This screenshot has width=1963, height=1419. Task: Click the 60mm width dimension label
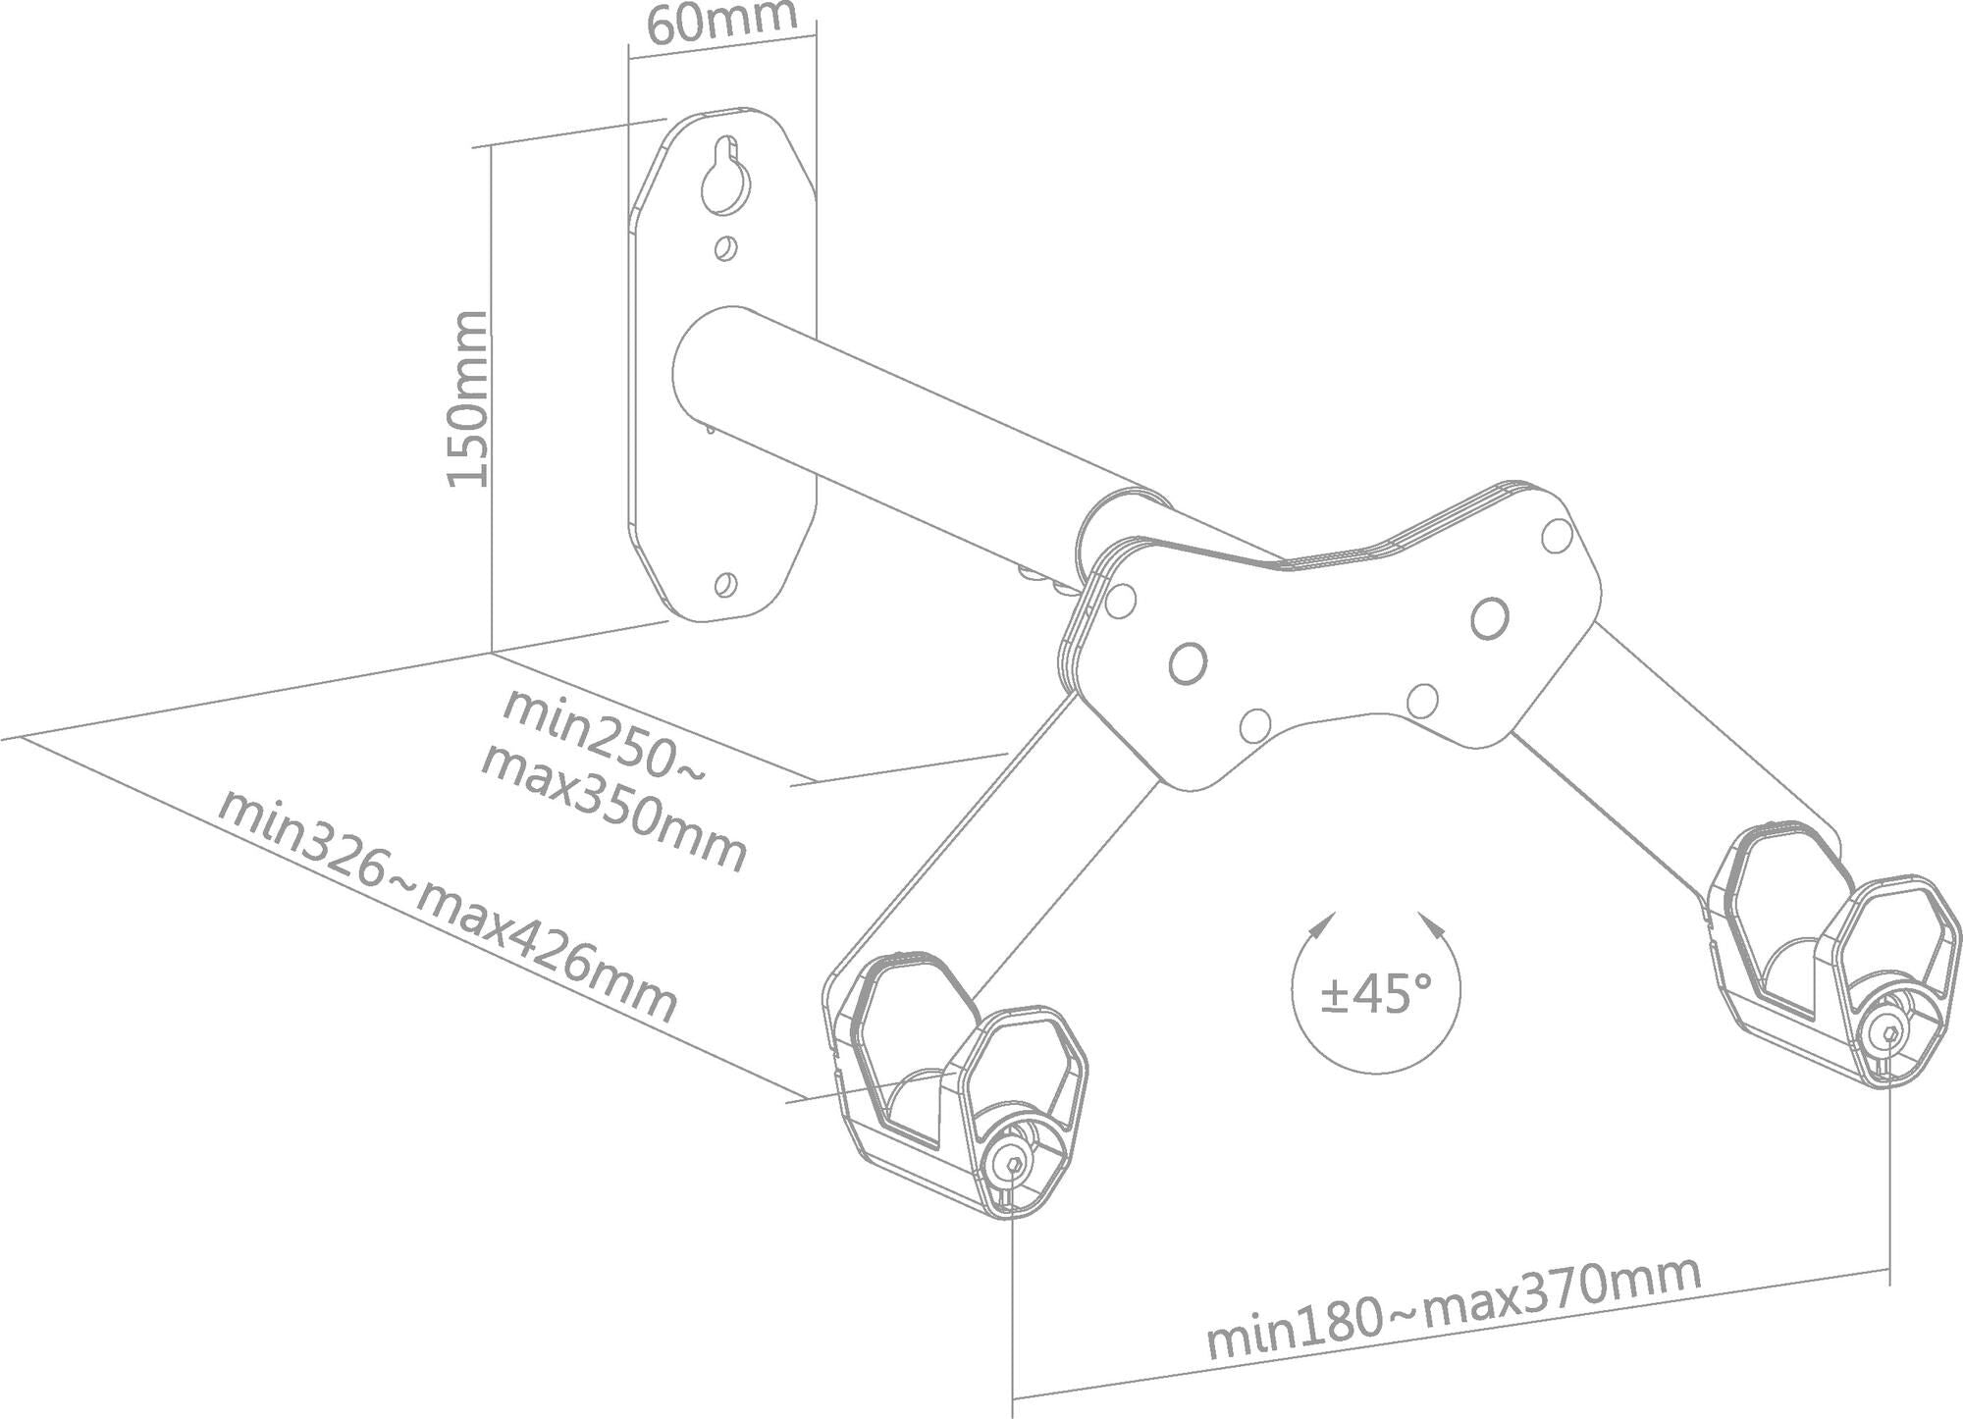pyautogui.click(x=720, y=22)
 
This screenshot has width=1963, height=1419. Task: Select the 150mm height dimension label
pyautogui.click(x=467, y=398)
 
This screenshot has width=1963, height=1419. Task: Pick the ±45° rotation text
pyautogui.click(x=1376, y=995)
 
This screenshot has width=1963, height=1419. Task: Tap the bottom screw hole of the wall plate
pyautogui.click(x=726, y=584)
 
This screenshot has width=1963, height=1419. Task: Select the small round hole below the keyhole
pyautogui.click(x=725, y=249)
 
